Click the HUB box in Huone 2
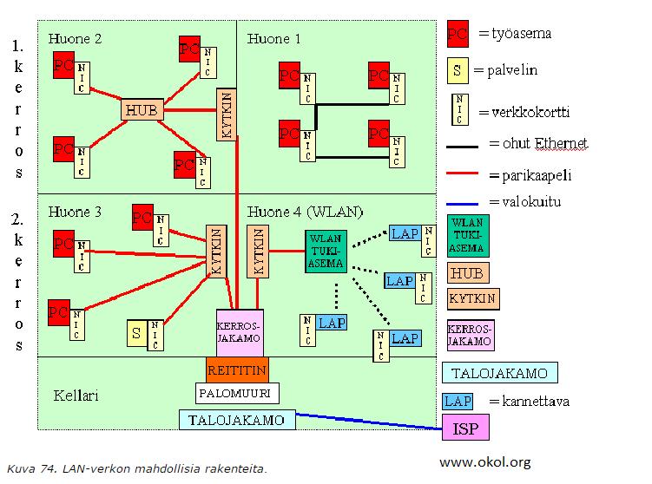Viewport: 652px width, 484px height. tap(142, 110)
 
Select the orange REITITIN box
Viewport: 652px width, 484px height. tap(237, 370)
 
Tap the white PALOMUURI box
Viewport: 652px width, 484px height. tap(237, 393)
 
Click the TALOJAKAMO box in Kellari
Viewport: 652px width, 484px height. tap(237, 420)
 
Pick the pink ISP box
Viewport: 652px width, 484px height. tap(465, 428)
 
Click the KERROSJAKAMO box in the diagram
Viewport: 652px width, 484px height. tap(240, 333)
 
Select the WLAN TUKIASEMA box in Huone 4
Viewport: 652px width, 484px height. tap(326, 252)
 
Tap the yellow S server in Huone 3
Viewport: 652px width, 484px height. tap(137, 333)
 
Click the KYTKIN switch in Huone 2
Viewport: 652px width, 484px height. tap(227, 114)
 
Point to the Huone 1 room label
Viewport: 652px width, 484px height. tap(273, 39)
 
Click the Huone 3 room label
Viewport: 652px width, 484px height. tap(75, 212)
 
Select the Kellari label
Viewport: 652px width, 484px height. tap(76, 396)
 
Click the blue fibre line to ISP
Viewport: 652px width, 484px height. tap(369, 422)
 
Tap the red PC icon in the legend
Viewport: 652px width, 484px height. tap(458, 34)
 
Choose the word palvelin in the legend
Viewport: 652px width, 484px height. tap(512, 69)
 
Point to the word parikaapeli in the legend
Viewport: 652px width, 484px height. tap(537, 176)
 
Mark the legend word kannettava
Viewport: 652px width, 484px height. tap(536, 402)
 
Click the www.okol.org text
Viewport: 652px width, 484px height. tap(485, 462)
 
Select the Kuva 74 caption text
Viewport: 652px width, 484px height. tap(137, 469)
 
